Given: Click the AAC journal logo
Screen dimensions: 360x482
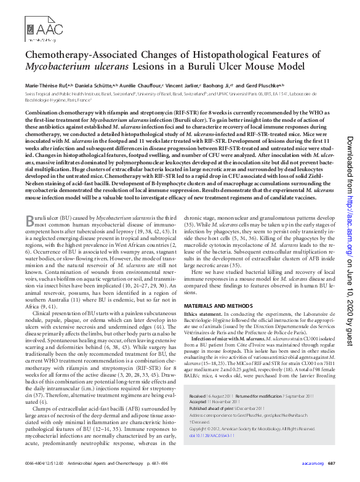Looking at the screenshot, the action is click(45, 29).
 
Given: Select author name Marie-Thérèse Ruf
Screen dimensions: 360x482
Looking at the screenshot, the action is click(47, 86).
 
